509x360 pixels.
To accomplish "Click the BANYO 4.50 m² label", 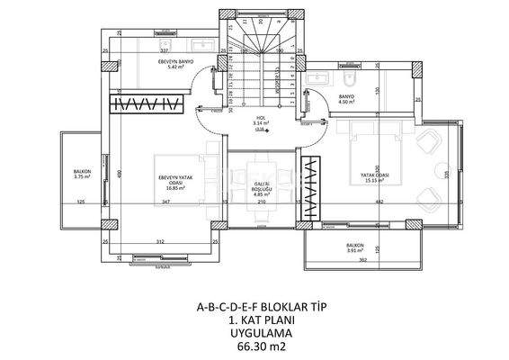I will click(x=347, y=98).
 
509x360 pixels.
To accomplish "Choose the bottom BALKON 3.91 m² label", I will click(x=355, y=247).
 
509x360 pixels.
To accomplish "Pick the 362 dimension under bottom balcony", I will click(x=362, y=260).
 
